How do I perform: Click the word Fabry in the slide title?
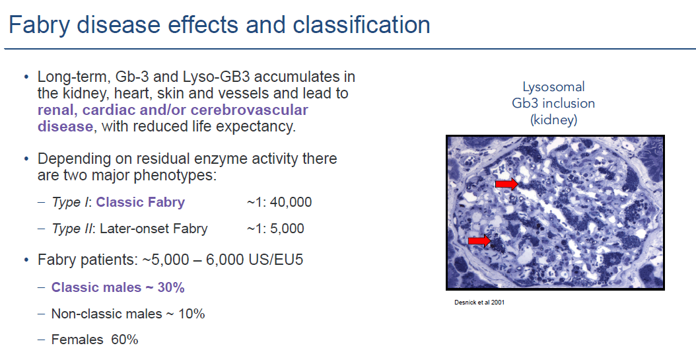[x=40, y=25]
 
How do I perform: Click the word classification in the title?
[x=361, y=24]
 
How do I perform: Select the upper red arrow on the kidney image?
[x=506, y=184]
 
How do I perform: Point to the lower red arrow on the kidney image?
[x=479, y=240]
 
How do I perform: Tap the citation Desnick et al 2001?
[x=479, y=303]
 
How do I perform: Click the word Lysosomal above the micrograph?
[x=553, y=87]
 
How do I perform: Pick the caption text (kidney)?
[x=553, y=120]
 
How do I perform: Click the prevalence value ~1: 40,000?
[x=279, y=202]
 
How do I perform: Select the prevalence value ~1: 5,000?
[x=275, y=229]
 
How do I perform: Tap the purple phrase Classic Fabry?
[x=140, y=202]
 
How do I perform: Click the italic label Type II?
[x=72, y=229]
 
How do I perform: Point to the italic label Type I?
[x=70, y=202]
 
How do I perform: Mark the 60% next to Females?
[x=125, y=340]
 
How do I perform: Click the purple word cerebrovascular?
[x=249, y=110]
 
